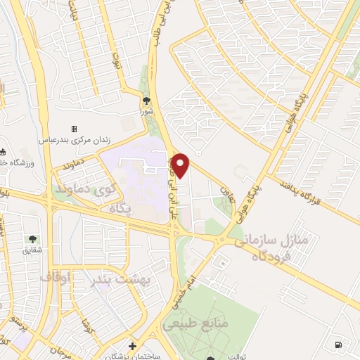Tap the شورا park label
click(x=146, y=110)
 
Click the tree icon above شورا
click(x=146, y=100)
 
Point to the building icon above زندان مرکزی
click(x=74, y=129)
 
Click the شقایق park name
click(x=32, y=250)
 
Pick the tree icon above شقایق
click(x=32, y=239)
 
